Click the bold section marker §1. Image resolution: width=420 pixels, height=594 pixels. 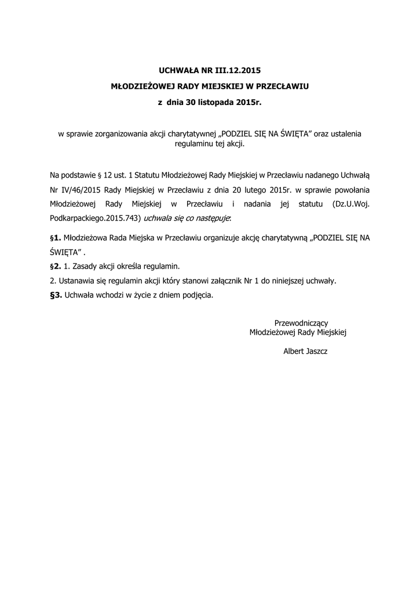[x=56, y=238]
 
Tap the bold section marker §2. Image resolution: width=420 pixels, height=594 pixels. [x=56, y=267]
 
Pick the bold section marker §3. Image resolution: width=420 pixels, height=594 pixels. [x=56, y=295]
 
